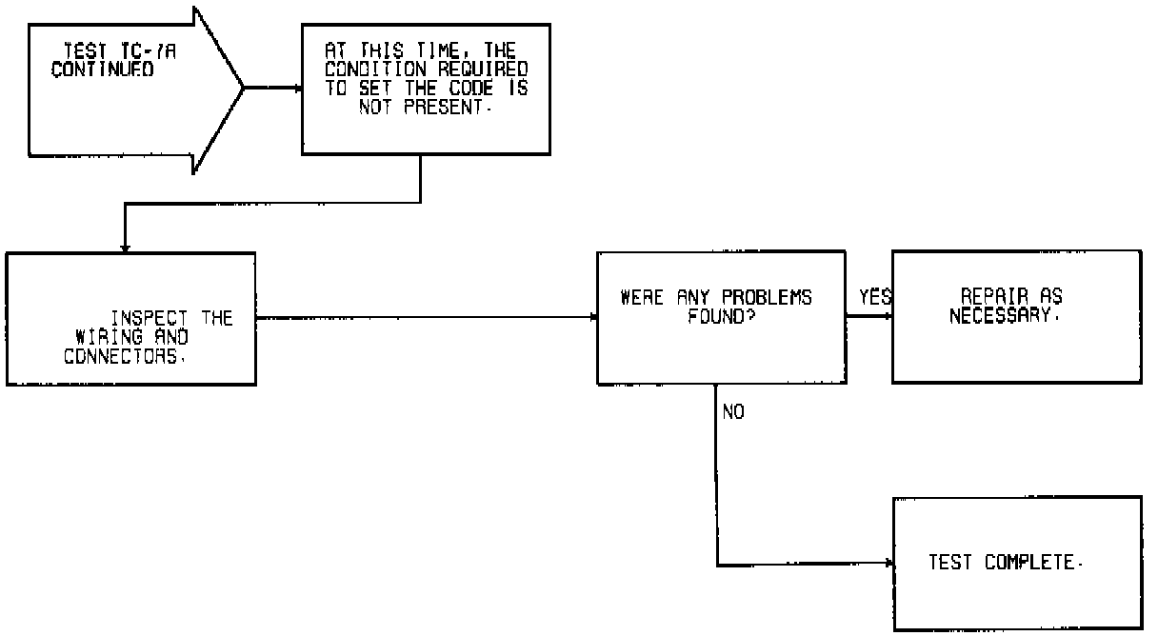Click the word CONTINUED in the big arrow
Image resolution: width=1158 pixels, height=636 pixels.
point(103,70)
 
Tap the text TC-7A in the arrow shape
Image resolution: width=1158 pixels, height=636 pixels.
point(125,55)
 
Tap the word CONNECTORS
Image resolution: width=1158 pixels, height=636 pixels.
point(125,356)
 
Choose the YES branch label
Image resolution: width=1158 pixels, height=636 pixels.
point(874,297)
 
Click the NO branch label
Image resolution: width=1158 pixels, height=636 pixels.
point(733,412)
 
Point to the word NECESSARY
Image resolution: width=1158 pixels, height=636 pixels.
point(1003,315)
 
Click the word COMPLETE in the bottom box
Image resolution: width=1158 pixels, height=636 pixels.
point(1033,563)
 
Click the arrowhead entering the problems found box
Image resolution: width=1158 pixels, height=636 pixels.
point(592,317)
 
